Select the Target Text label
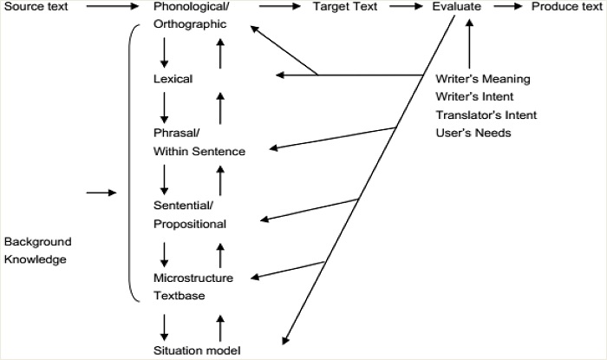click(345, 7)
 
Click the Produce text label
click(565, 7)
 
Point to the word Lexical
click(173, 79)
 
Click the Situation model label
click(196, 350)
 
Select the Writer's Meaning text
click(482, 79)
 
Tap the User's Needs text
click(474, 133)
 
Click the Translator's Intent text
click(486, 115)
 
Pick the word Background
click(37, 241)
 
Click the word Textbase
click(179, 296)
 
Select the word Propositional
click(190, 224)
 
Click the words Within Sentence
click(199, 152)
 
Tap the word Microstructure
click(193, 278)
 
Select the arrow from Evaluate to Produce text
click(509, 7)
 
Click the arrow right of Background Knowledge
click(101, 192)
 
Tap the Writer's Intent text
click(475, 96)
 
